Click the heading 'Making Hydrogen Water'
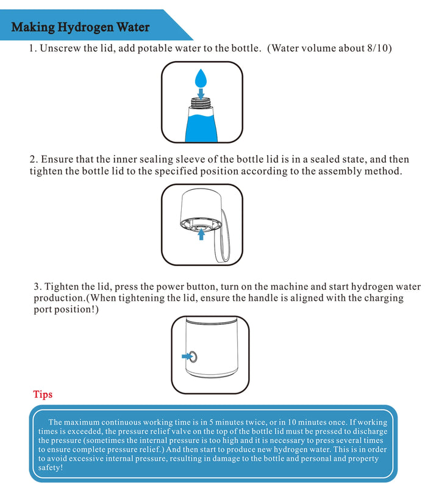[80, 27]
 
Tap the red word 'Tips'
[43, 394]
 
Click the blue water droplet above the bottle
[201, 78]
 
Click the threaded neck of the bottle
[201, 104]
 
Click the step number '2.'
[34, 159]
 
